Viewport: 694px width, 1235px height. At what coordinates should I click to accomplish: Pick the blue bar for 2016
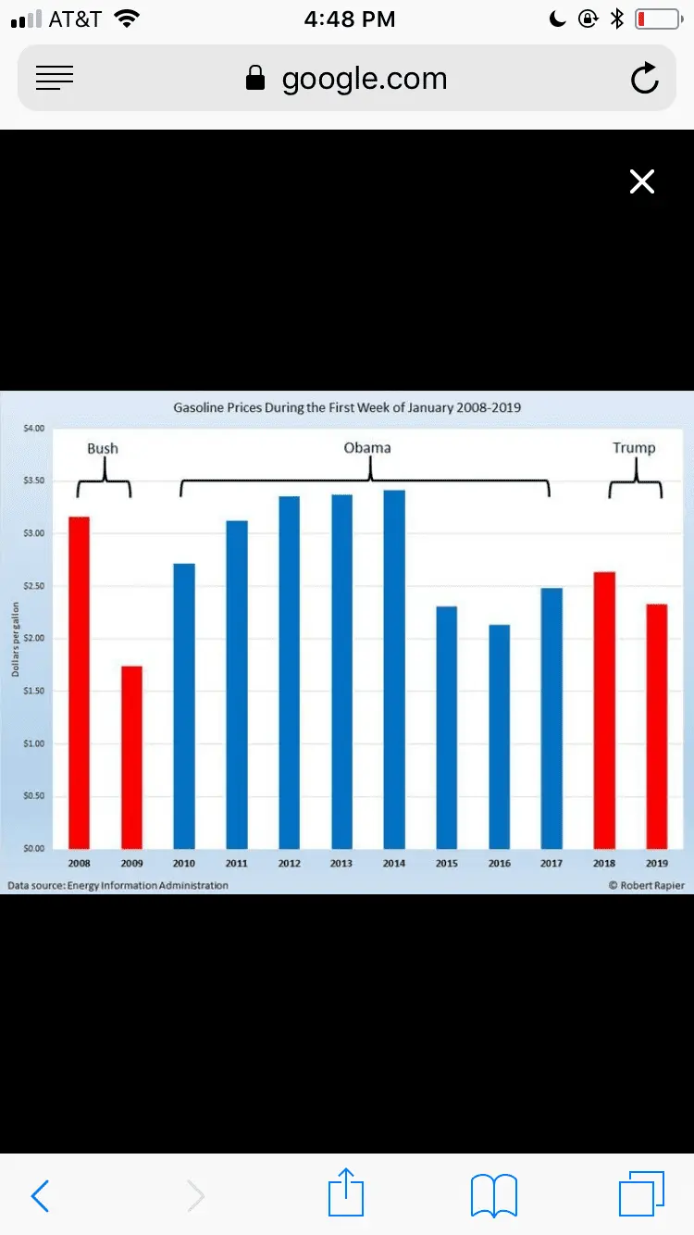click(x=499, y=736)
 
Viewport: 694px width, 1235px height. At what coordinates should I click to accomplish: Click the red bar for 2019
click(x=656, y=726)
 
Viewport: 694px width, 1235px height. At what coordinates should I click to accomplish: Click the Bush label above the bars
click(x=103, y=448)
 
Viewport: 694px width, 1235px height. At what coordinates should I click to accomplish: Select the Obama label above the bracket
click(x=367, y=448)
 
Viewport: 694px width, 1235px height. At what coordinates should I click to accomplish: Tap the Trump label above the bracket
click(x=634, y=448)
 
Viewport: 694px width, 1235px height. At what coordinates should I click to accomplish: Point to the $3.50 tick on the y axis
click(x=33, y=480)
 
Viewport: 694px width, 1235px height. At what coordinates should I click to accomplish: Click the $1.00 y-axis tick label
click(x=33, y=743)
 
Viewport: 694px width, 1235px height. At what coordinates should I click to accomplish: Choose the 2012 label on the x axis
click(x=289, y=864)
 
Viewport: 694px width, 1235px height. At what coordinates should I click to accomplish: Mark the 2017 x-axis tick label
click(x=551, y=864)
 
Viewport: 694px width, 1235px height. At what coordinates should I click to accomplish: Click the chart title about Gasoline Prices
click(x=347, y=407)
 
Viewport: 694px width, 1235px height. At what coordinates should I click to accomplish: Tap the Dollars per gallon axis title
click(x=16, y=639)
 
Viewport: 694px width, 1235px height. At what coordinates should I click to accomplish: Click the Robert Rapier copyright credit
click(x=647, y=886)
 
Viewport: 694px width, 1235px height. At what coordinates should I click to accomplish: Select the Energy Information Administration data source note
click(x=118, y=886)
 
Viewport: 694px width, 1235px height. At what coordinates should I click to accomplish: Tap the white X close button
click(x=641, y=181)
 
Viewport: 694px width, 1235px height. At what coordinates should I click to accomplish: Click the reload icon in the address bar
click(x=644, y=79)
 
